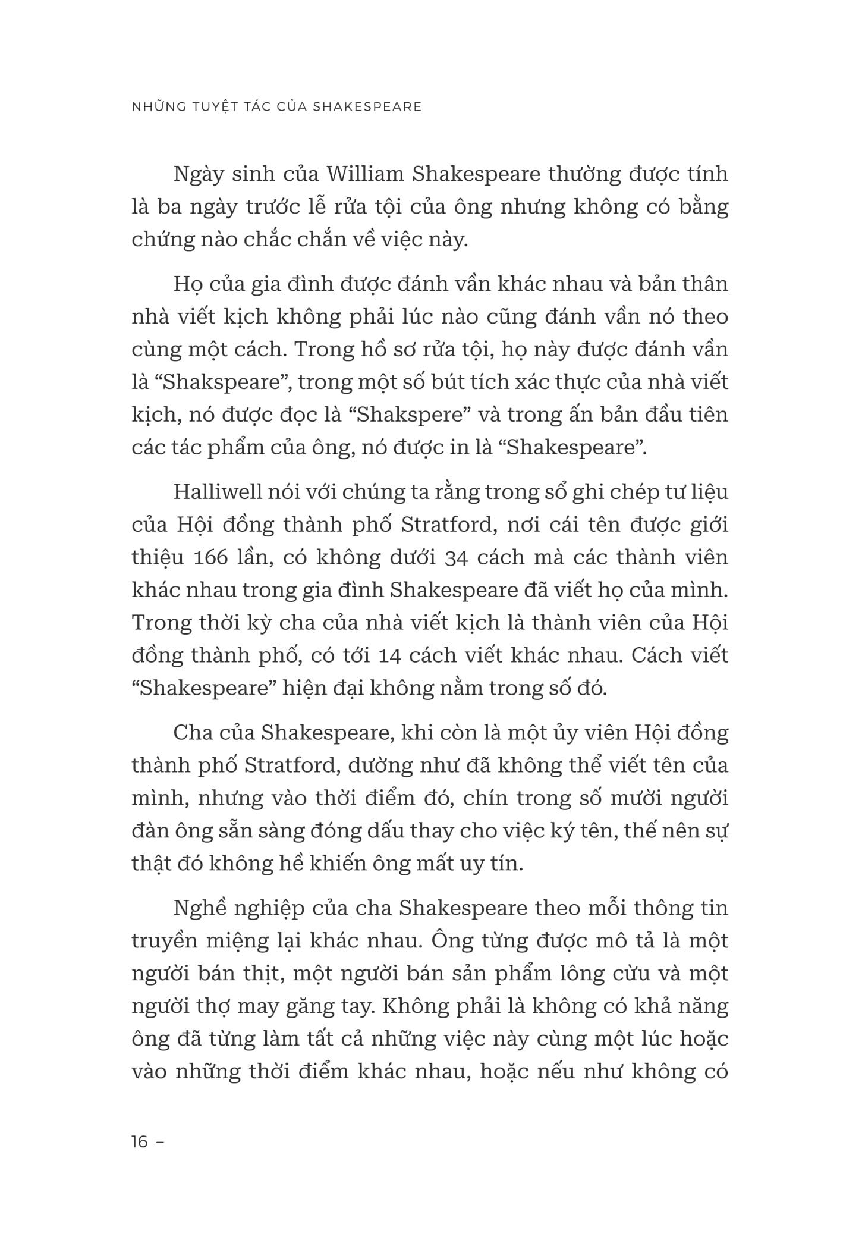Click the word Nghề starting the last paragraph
[202, 909]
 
